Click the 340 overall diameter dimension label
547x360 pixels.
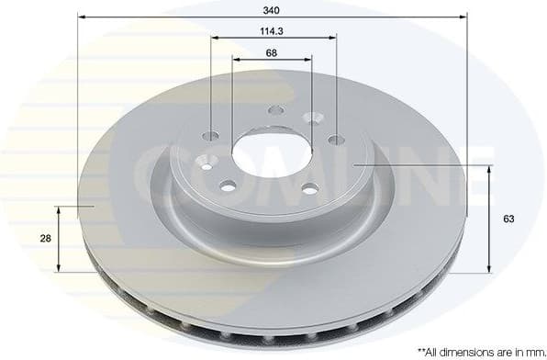tap(272, 9)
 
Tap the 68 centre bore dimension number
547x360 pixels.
tap(272, 52)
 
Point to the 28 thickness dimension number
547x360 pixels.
tap(45, 238)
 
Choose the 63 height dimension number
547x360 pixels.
tap(508, 219)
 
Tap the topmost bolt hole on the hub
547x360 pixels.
tap(275, 112)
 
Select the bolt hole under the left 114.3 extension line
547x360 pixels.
tap(211, 136)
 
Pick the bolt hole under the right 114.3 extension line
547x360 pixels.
tap(336, 140)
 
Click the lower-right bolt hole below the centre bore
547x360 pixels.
tap(310, 188)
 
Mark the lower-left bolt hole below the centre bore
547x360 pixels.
tap(228, 186)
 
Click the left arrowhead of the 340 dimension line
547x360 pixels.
tap(81, 17)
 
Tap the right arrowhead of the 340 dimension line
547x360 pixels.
tap(463, 17)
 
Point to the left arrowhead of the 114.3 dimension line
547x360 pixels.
tap(215, 39)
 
